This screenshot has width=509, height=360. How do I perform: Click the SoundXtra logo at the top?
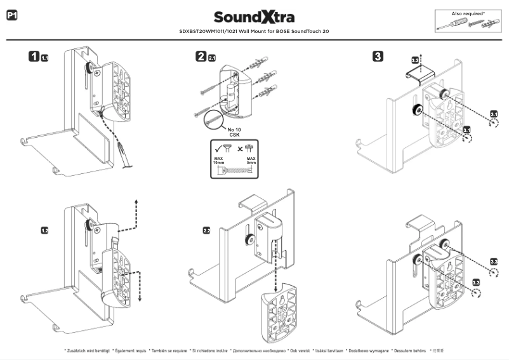(254, 17)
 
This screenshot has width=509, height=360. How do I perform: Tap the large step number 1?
(34, 57)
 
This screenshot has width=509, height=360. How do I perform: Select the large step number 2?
(201, 57)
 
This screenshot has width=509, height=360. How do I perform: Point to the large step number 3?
(378, 57)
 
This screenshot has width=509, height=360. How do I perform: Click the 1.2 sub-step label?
(45, 230)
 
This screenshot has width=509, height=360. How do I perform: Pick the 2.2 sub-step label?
(207, 230)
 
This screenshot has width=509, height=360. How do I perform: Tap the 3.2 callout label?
(416, 60)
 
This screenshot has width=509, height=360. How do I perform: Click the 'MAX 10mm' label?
(219, 161)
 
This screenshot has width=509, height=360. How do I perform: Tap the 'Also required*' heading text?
(468, 13)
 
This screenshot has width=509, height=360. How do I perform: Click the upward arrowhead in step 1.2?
(137, 203)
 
